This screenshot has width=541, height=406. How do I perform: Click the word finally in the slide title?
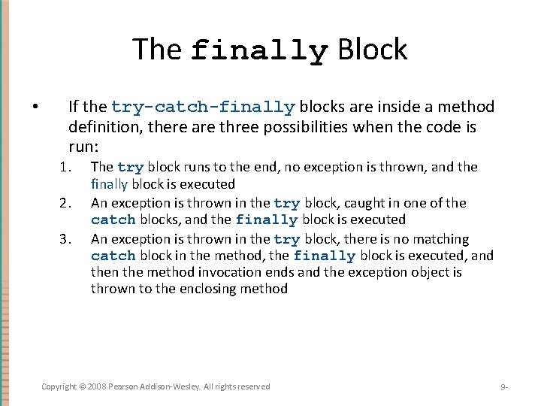pos(259,50)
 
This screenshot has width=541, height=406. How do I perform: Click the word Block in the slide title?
pos(373,50)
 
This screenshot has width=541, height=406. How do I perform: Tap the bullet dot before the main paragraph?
pos(35,107)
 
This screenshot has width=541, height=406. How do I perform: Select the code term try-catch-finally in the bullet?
pos(203,108)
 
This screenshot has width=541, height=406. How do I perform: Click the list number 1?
pos(65,167)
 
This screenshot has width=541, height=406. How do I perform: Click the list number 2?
pos(65,203)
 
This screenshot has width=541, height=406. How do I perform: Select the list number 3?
pos(65,240)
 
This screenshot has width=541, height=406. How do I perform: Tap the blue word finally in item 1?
pos(110,184)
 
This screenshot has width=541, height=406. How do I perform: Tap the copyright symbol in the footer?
pos(83,386)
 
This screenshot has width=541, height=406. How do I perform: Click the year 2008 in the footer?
pos(98,386)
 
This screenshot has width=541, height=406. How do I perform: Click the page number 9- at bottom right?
pos(504,387)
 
